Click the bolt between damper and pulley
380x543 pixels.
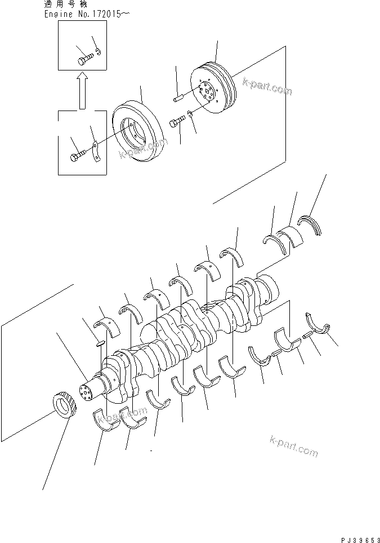[176, 121]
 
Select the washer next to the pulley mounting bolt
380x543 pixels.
[190, 116]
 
